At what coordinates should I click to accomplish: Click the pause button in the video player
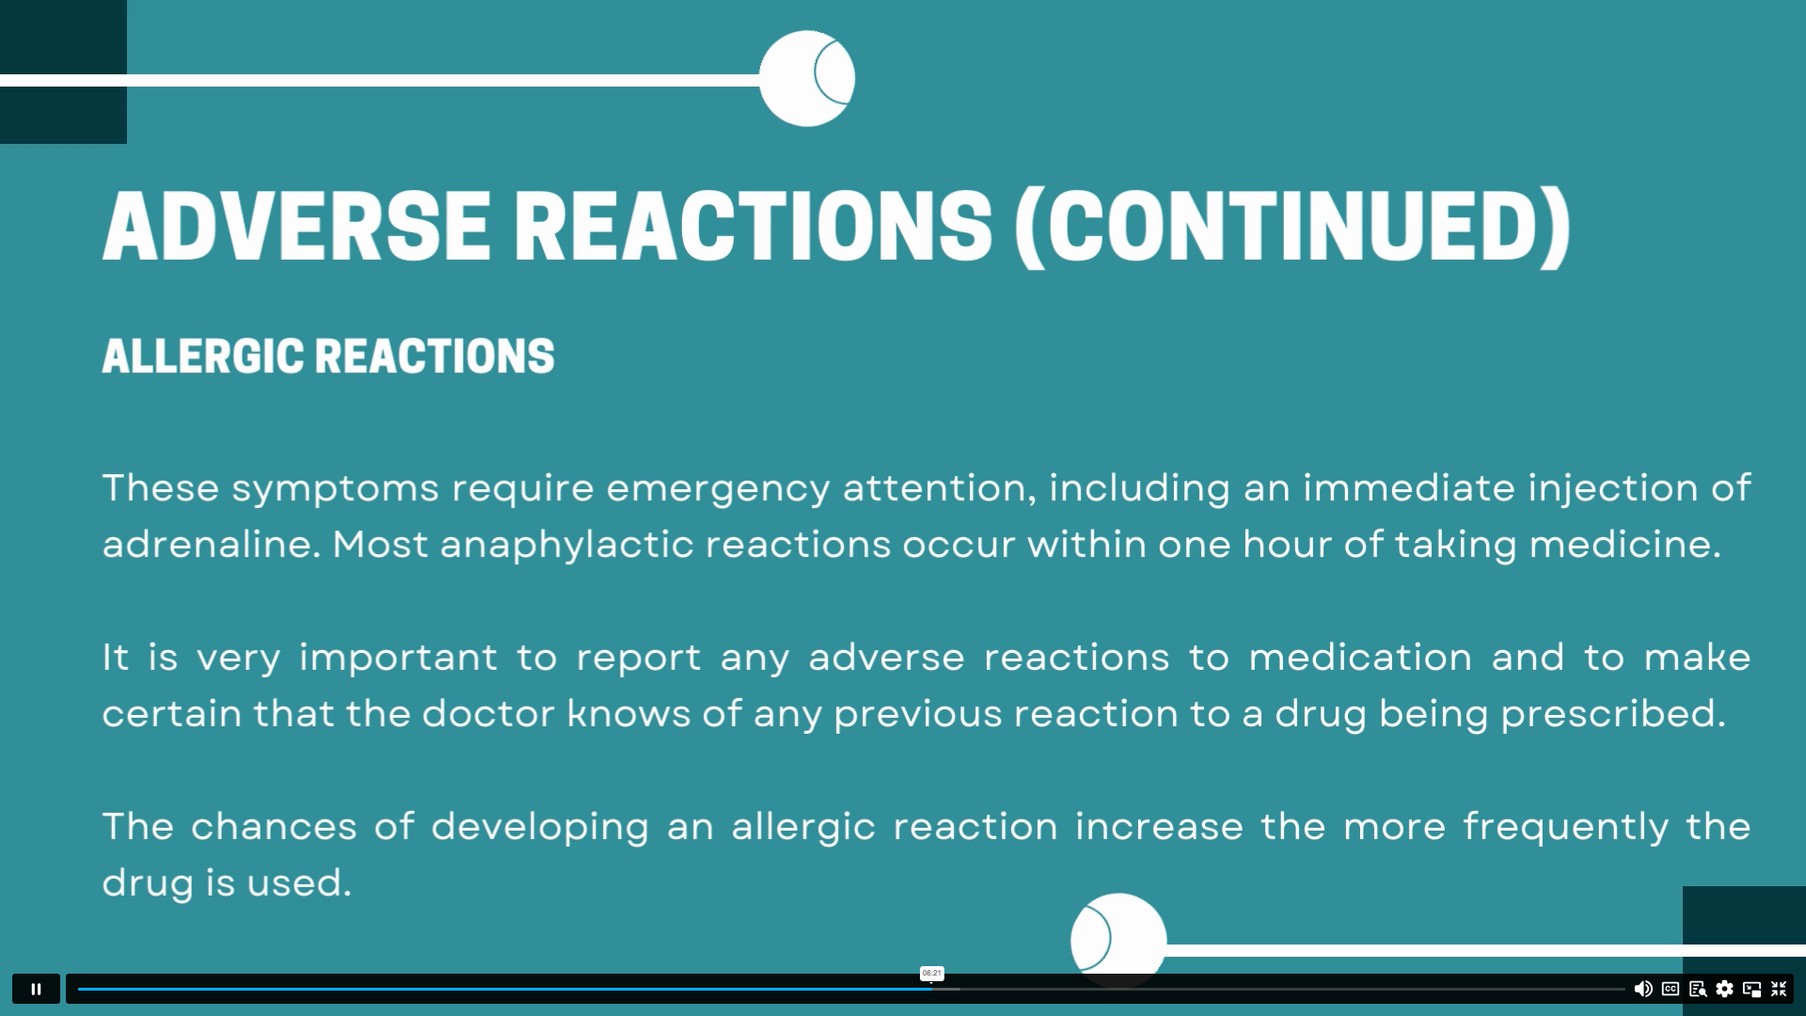tap(36, 989)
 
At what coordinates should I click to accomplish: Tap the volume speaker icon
tap(1643, 989)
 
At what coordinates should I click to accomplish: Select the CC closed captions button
tap(1671, 989)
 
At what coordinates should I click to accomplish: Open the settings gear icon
tap(1724, 989)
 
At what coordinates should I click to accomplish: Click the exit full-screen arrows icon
tap(1779, 989)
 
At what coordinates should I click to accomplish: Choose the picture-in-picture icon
tap(1751, 989)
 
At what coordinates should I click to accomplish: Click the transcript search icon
tap(1698, 989)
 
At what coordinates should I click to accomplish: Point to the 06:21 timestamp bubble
tap(931, 974)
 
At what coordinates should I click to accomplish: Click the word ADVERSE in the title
tap(297, 226)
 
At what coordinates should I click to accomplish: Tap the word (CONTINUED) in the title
tap(1292, 227)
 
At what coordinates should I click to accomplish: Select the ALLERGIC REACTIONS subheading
tap(328, 356)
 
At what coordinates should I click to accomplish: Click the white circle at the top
tap(807, 78)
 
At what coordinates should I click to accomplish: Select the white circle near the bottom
tap(1118, 940)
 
